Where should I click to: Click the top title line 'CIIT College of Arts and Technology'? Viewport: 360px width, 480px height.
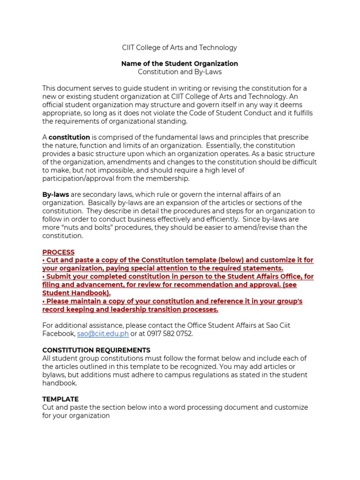tap(180, 47)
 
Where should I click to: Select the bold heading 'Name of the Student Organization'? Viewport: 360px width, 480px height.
tap(180, 63)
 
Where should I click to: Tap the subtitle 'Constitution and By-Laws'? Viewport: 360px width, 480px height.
tap(180, 72)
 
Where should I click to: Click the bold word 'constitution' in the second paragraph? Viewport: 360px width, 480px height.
tap(69, 137)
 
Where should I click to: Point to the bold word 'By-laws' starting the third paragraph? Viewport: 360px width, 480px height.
tap(55, 195)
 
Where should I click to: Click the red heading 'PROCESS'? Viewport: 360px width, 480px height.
tap(59, 252)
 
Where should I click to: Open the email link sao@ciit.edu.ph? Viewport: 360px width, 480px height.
tap(103, 333)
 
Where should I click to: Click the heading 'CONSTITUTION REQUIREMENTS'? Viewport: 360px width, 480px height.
tap(96, 350)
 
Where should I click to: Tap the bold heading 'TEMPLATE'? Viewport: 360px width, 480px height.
tap(60, 399)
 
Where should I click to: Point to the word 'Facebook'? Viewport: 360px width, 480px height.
tap(58, 333)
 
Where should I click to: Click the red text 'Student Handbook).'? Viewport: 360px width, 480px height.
tap(76, 293)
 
